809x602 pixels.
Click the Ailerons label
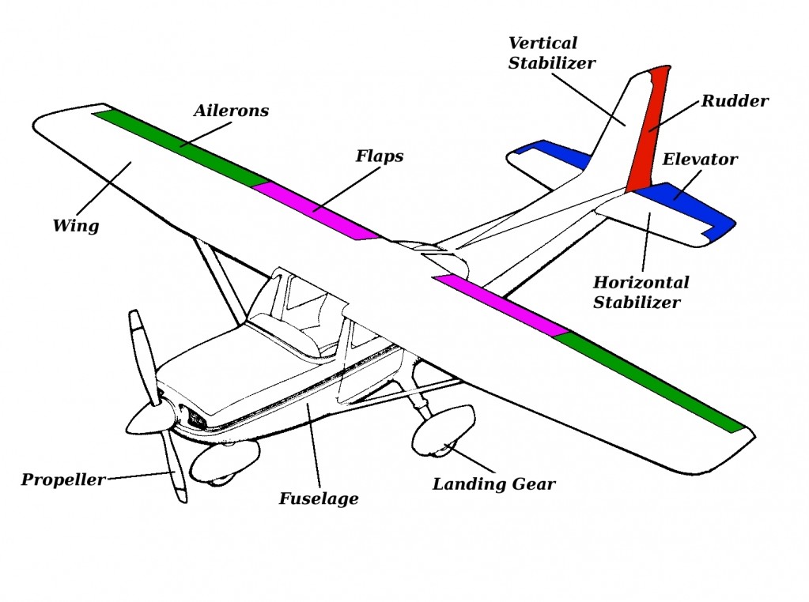point(231,111)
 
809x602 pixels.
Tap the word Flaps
point(379,156)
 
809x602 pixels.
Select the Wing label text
point(76,226)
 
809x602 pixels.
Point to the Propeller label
point(62,480)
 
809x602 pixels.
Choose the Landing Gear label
point(493,484)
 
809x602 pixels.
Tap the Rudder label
point(735,101)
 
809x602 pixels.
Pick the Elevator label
point(699,160)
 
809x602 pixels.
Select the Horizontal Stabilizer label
point(641,292)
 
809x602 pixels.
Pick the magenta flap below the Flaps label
point(316,209)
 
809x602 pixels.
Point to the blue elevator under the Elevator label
point(688,205)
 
